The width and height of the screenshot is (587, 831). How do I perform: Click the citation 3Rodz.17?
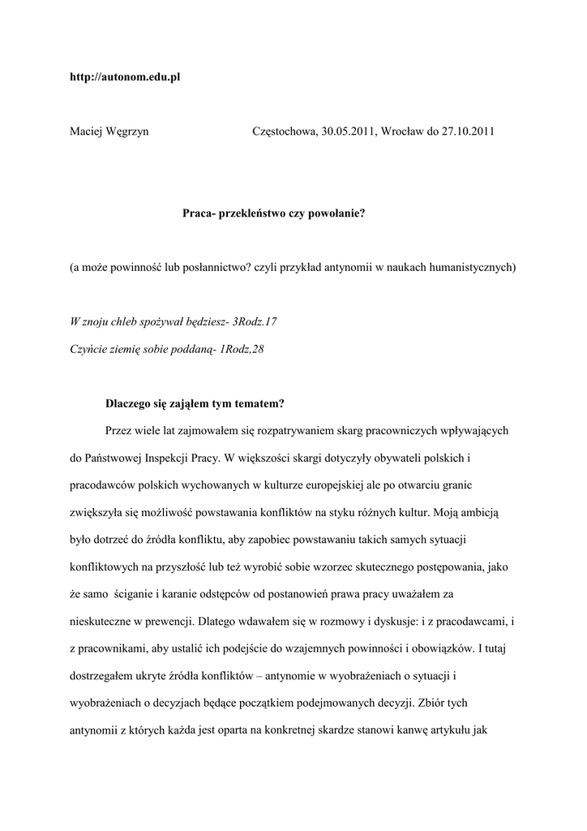(x=255, y=322)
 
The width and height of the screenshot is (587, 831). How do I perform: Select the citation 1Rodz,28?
(x=242, y=349)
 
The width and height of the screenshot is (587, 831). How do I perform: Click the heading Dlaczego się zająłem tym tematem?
(x=195, y=403)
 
